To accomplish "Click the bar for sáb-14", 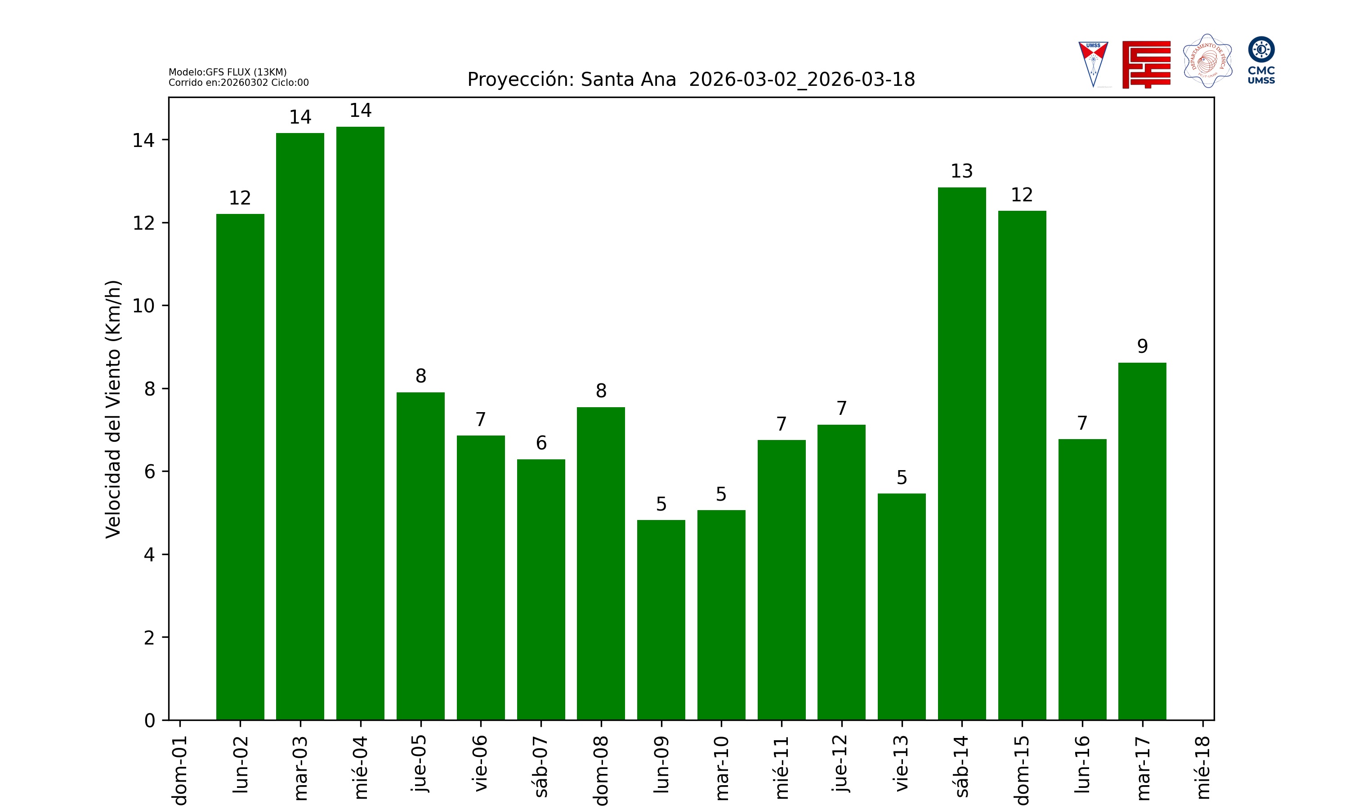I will (961, 453).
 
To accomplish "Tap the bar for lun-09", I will (661, 620).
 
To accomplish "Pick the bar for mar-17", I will (1142, 541).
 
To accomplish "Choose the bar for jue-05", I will (420, 556).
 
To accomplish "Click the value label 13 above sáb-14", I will (961, 171).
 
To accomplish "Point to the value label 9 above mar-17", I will (1142, 346).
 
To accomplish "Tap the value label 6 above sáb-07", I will (541, 443).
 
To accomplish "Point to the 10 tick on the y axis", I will (143, 306).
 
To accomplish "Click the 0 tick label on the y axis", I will (149, 721).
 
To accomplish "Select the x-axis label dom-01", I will (180, 770).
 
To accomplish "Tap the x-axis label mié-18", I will (1202, 767).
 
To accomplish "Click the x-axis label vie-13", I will (902, 763).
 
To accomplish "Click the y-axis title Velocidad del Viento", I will (113, 409).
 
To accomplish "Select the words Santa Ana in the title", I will (628, 80).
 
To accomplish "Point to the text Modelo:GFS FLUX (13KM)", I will (228, 72).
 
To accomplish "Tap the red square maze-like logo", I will (1146, 64).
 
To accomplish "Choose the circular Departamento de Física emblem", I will (1207, 61).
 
